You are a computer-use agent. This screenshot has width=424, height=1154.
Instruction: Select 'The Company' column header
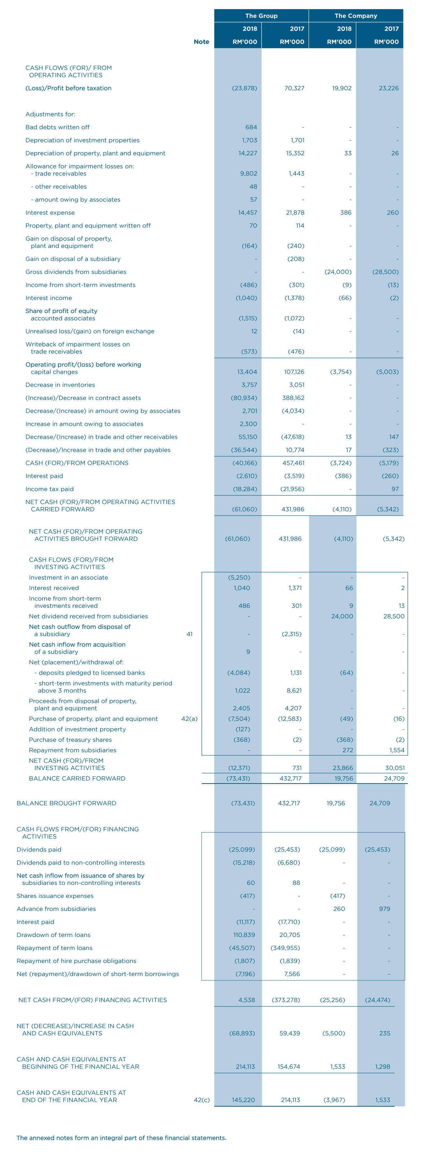point(356,16)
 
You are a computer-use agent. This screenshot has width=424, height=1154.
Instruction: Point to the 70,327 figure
point(294,88)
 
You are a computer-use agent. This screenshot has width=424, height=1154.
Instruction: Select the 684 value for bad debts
point(251,127)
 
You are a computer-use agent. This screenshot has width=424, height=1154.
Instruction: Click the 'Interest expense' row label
point(50,212)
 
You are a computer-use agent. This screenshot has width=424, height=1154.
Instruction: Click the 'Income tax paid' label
point(50,489)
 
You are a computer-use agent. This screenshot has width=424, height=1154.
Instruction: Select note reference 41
point(189,634)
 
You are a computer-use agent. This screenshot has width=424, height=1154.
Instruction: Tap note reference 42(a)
point(189,719)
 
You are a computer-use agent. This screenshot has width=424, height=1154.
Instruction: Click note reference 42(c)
point(202,1100)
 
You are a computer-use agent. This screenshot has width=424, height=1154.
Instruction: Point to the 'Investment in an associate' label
point(68,577)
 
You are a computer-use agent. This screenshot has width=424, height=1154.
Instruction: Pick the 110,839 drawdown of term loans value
point(244,935)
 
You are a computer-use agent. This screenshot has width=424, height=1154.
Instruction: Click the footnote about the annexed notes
point(121,1138)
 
